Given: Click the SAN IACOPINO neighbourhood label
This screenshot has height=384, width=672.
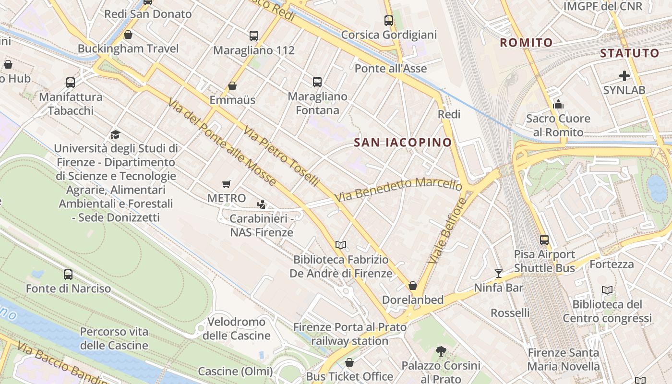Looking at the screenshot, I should click(x=403, y=142).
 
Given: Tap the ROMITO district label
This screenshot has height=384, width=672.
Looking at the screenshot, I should click(x=527, y=43).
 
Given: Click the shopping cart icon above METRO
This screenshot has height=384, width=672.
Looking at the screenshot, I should click(x=227, y=184).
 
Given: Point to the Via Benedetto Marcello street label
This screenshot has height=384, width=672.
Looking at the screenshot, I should click(x=398, y=189).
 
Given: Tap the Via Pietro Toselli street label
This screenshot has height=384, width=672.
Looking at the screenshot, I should click(x=281, y=156).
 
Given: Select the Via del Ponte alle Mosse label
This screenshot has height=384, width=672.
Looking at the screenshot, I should click(x=222, y=142).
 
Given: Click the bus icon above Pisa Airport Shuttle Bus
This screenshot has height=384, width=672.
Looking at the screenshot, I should click(x=544, y=240).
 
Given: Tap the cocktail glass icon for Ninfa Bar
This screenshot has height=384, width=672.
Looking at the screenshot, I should click(x=499, y=274).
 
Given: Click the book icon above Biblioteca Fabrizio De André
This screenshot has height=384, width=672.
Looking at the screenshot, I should click(x=341, y=245).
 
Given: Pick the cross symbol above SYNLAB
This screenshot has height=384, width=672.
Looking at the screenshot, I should click(x=624, y=76).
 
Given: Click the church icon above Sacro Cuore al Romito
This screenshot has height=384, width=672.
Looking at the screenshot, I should click(x=558, y=104).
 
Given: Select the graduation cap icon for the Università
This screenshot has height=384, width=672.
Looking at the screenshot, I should click(x=115, y=134).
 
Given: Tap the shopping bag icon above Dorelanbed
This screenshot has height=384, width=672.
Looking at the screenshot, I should click(x=412, y=286).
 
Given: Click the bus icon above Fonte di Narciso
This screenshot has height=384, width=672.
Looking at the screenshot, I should click(x=68, y=275).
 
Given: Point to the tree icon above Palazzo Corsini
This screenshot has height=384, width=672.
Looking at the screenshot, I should click(x=441, y=352).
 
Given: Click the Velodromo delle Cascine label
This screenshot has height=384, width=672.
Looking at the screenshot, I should click(x=236, y=328).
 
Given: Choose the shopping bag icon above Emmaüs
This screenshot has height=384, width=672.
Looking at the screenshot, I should click(x=232, y=86).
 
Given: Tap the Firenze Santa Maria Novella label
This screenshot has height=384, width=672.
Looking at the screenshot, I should click(x=564, y=360).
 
